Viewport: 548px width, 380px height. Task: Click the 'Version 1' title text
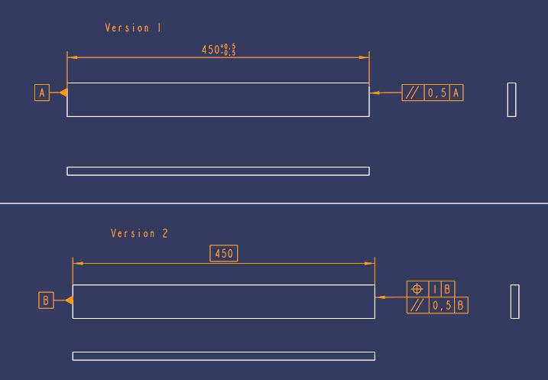tap(133, 28)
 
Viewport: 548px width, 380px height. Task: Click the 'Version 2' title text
tap(139, 233)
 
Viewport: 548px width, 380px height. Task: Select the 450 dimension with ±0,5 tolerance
tap(218, 50)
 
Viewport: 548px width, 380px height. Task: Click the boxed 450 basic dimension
tap(224, 253)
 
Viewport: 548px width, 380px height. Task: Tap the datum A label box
tap(42, 93)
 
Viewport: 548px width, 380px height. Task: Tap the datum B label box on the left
tap(45, 300)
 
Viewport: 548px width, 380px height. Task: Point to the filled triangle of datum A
tap(63, 93)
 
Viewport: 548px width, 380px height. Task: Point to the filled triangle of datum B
tap(69, 300)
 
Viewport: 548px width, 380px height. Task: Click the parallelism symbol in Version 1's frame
tap(413, 93)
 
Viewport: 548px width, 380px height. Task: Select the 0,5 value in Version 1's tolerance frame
tap(436, 93)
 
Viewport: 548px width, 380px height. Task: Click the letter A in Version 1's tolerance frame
tap(456, 93)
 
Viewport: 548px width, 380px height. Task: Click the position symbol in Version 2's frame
tap(417, 289)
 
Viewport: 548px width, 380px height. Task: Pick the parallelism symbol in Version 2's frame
tap(417, 305)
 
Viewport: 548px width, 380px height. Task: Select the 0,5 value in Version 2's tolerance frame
tap(441, 305)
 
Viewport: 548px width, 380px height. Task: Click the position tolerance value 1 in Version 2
tap(435, 289)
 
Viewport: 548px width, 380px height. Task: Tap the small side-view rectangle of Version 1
tap(511, 99)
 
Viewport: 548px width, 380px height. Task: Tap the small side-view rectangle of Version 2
tap(514, 301)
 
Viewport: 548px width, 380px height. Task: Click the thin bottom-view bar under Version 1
tap(218, 171)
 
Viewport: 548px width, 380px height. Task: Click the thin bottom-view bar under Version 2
tap(223, 356)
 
